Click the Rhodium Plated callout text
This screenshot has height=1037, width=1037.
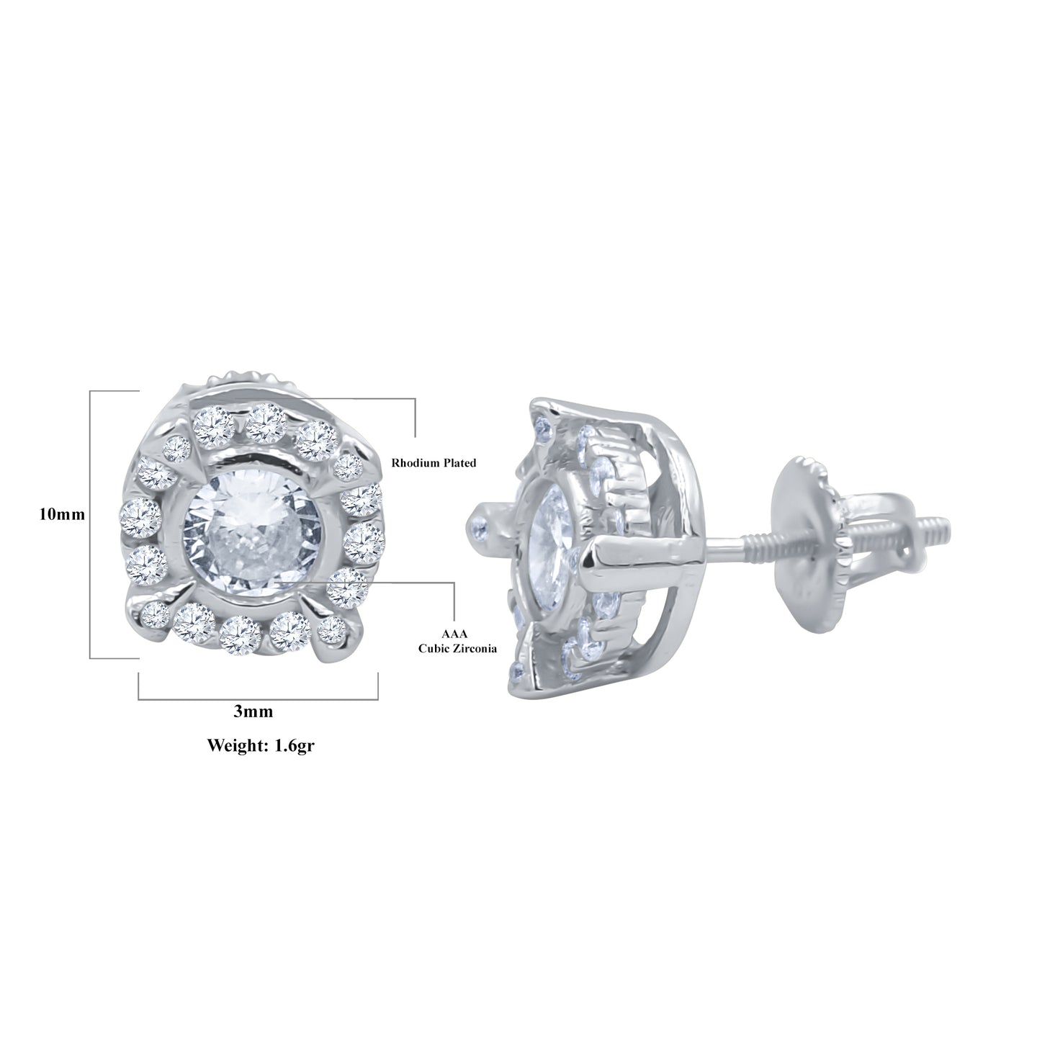coord(434,463)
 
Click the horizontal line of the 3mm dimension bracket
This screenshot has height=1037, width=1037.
coord(258,699)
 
